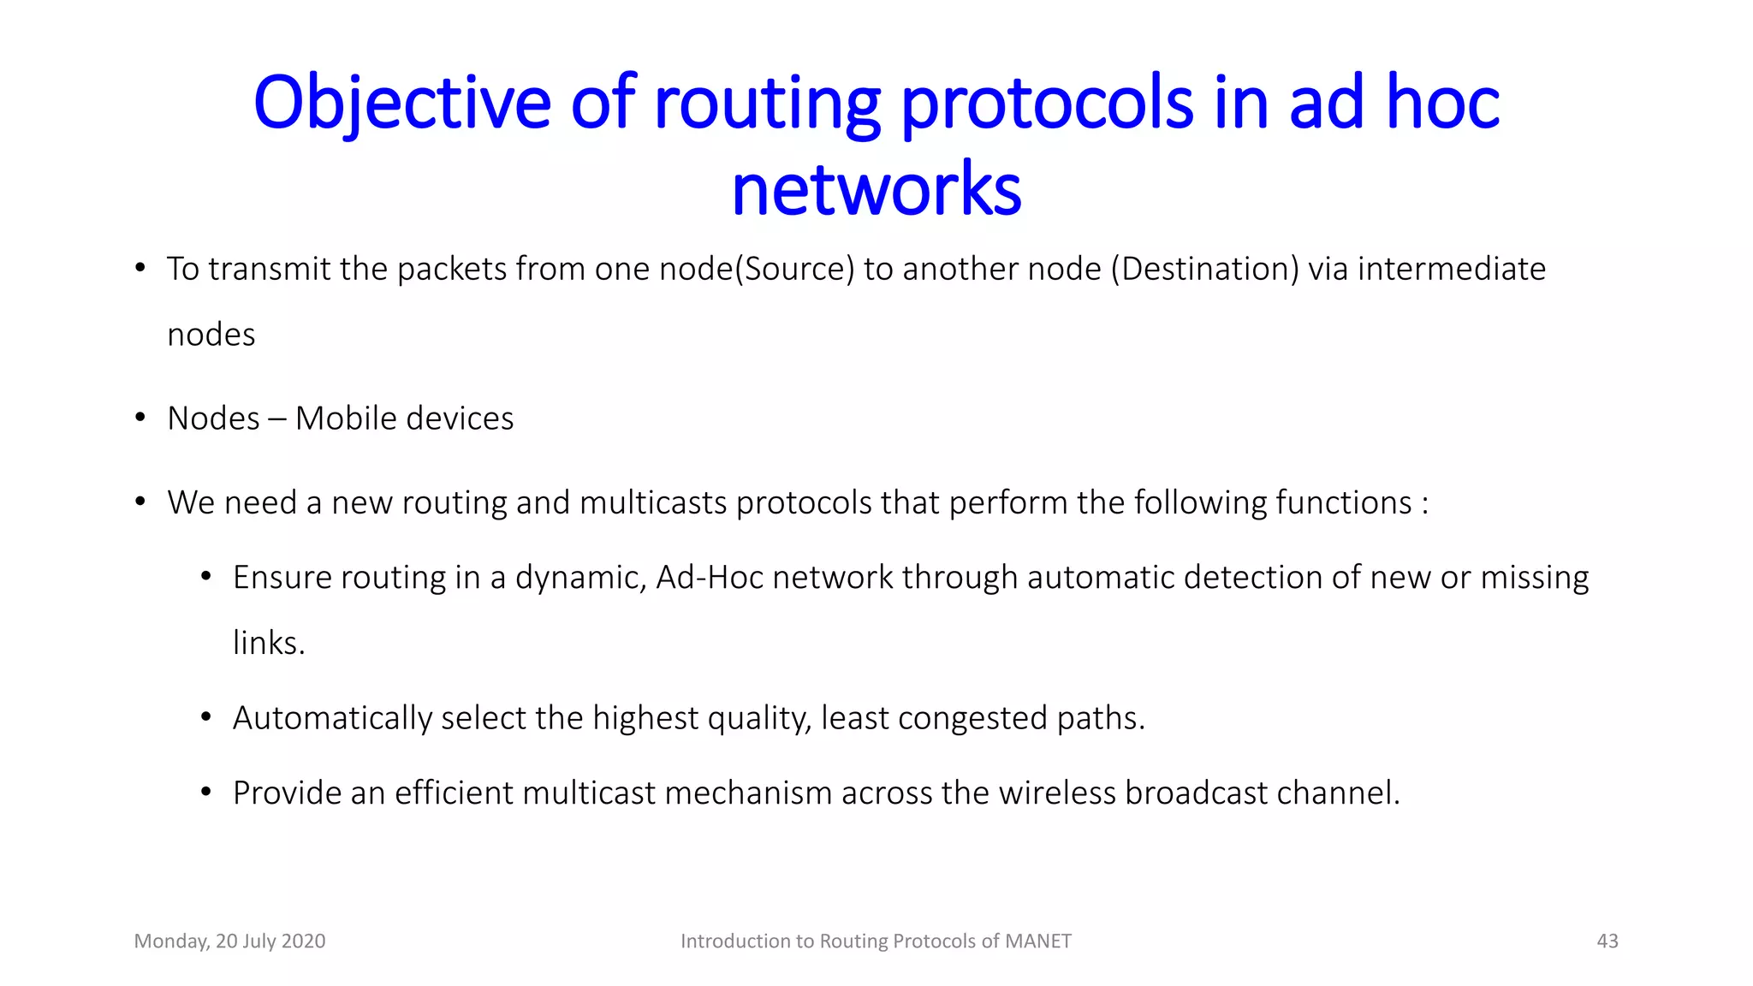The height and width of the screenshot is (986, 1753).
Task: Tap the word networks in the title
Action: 876,189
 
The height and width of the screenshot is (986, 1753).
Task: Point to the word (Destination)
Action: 1205,269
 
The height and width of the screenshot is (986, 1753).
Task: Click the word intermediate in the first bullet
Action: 1452,269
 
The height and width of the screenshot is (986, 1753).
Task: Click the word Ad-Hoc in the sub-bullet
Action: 710,578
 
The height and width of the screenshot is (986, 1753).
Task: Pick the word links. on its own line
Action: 269,643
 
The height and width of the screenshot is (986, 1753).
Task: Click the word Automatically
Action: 332,718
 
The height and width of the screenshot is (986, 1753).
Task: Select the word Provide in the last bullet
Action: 287,793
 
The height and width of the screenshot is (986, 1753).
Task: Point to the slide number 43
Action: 1607,941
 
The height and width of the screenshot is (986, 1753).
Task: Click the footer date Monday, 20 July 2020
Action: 229,941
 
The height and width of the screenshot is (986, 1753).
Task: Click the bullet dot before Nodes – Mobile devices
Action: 140,418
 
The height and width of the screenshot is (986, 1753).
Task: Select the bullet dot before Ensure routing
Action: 206,577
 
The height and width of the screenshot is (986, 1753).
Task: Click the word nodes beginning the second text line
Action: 211,335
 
